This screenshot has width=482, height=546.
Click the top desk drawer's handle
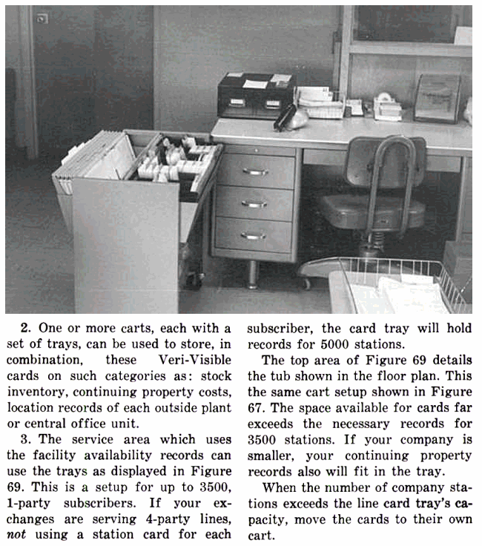pos(254,172)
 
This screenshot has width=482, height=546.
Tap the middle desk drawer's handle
pos(254,204)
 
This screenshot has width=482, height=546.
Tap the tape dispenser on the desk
pos(386,106)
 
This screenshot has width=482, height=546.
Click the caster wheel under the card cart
pos(194,280)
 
